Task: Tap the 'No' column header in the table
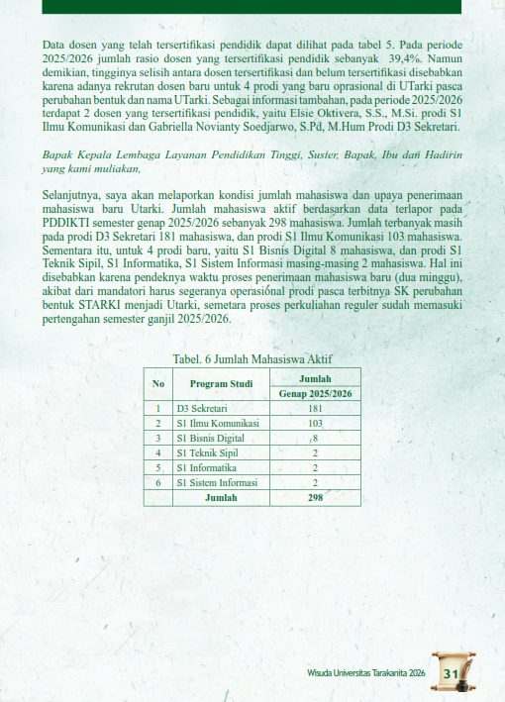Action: [x=157, y=384]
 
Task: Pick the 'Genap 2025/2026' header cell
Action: [x=315, y=394]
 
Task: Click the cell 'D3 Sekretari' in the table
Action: [x=198, y=408]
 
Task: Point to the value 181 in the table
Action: [x=315, y=408]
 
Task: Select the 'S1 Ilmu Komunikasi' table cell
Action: [x=217, y=423]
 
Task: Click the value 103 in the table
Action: [x=315, y=423]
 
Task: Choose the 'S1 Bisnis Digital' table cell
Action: [x=210, y=438]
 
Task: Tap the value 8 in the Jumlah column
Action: [x=315, y=438]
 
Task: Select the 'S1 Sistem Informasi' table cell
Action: [x=217, y=482]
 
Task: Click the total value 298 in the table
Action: [x=315, y=497]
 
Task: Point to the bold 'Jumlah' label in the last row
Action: [x=221, y=497]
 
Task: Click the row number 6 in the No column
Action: [x=157, y=482]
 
